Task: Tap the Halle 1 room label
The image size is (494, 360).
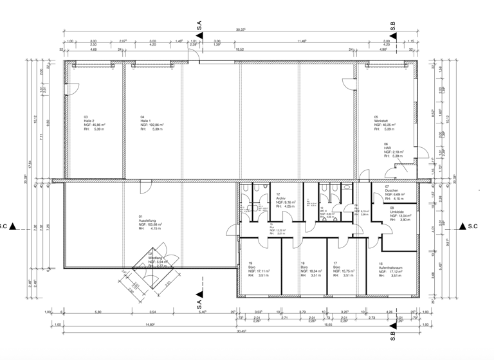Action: pyautogui.click(x=146, y=120)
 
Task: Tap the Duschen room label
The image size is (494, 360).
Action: pyautogui.click(x=392, y=190)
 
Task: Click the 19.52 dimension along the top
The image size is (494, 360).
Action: pyautogui.click(x=242, y=49)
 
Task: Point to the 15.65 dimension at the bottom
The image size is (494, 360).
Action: pyautogui.click(x=329, y=325)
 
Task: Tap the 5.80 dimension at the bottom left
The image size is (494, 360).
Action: pyautogui.click(x=98, y=312)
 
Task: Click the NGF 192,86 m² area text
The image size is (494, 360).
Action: pyautogui.click(x=152, y=125)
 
